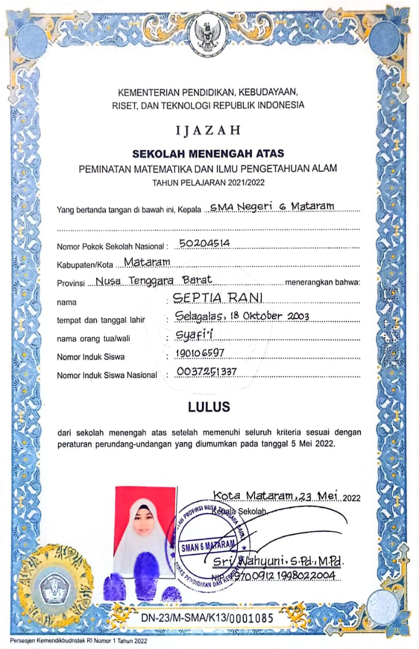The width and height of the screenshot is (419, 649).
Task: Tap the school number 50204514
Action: click(205, 243)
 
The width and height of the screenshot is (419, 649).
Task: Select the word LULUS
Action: click(209, 407)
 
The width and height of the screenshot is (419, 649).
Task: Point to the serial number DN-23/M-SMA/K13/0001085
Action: click(207, 618)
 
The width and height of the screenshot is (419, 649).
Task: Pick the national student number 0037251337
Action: click(207, 372)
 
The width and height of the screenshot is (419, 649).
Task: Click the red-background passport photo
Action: click(144, 527)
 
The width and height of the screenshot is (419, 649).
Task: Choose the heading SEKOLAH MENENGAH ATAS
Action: click(208, 153)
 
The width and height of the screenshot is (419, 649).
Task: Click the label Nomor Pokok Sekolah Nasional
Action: click(111, 247)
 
